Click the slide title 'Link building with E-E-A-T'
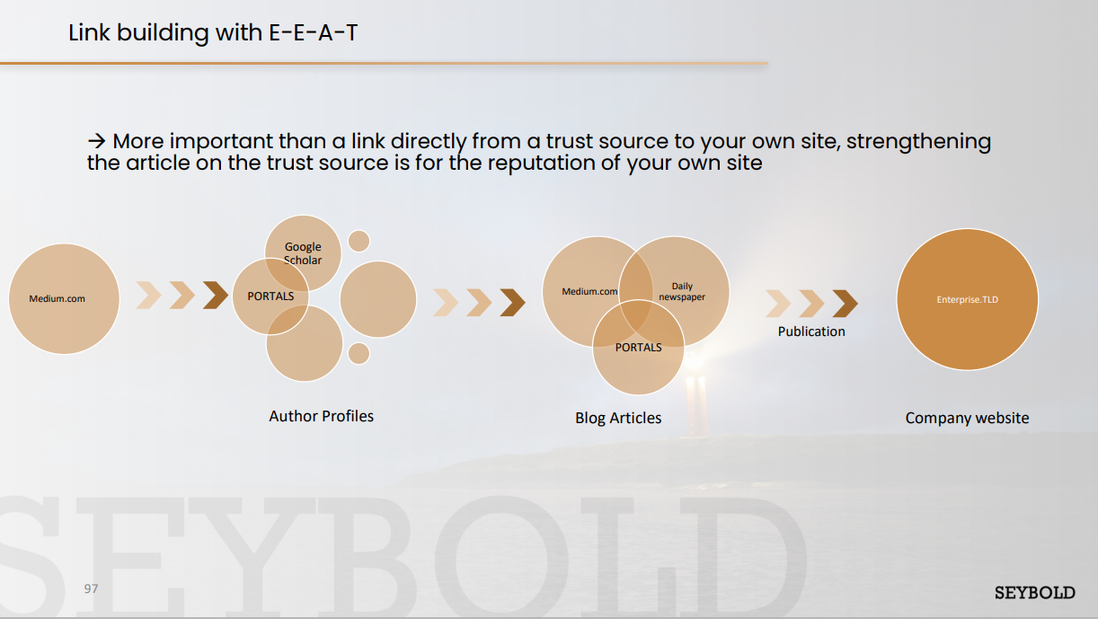pos(213,33)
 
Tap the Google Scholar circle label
pos(303,253)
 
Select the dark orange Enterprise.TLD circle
pos(967,299)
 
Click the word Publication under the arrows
pos(811,332)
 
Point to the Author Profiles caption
pos(321,416)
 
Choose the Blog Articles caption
pos(618,418)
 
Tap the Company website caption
pos(967,418)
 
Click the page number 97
pos(91,588)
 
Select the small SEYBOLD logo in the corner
pos(1035,593)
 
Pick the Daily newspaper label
pos(682,292)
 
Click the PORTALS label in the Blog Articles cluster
pos(638,348)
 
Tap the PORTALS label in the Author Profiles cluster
pos(270,296)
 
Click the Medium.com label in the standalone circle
pos(57,299)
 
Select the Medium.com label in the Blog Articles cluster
pos(589,292)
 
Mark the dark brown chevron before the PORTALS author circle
pos(216,295)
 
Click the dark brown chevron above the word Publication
pos(846,304)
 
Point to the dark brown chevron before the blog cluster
pos(513,303)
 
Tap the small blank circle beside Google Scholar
pos(359,241)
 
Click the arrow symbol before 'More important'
pos(96,141)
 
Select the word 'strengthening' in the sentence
pos(918,142)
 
